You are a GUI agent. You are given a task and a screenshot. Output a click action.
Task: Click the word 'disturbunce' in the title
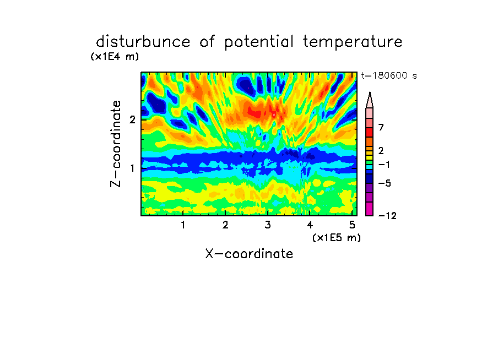point(143,42)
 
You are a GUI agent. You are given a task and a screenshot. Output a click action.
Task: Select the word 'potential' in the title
point(259,42)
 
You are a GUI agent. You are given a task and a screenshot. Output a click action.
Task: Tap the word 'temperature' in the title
point(353,42)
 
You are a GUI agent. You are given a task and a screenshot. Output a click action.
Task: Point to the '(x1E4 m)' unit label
point(115,57)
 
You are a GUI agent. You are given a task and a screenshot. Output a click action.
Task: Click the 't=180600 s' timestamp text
point(389,75)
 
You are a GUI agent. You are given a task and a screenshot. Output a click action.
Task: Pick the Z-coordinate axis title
point(116,144)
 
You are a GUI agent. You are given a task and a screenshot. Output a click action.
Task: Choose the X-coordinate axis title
point(249,254)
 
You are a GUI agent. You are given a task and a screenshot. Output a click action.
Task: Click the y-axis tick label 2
point(132,119)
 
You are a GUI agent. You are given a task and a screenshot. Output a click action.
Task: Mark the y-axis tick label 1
point(132,168)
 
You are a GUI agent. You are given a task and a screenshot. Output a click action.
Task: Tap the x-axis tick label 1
point(183,225)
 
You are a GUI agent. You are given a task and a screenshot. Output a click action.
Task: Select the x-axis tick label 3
point(268,225)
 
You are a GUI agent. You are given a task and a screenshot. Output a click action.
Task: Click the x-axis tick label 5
point(352,225)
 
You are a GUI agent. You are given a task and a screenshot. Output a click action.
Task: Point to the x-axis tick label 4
point(310,225)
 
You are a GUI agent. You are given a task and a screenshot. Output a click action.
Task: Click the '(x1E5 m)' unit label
point(337,238)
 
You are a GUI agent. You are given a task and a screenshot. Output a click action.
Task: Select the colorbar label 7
point(381,127)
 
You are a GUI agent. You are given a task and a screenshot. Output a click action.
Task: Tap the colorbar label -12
point(387,216)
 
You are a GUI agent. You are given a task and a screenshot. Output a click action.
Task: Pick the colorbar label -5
point(385,183)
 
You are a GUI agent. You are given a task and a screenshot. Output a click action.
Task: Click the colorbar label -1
point(384,165)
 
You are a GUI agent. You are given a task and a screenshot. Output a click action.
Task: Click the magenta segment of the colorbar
point(370,209)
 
